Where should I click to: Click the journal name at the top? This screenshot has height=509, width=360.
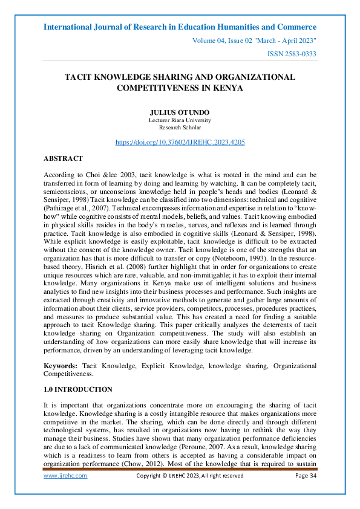coord(180,27)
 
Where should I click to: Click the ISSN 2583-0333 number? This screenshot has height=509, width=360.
coord(292,54)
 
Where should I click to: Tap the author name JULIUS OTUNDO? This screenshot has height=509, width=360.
coord(180,113)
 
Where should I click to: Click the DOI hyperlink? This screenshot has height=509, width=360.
coord(180,142)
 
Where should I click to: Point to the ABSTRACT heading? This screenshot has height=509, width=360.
coord(63,158)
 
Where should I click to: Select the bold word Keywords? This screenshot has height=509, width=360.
coord(61,366)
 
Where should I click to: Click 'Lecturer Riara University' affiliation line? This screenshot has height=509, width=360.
coord(180,120)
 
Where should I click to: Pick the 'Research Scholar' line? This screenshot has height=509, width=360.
coord(180,128)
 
